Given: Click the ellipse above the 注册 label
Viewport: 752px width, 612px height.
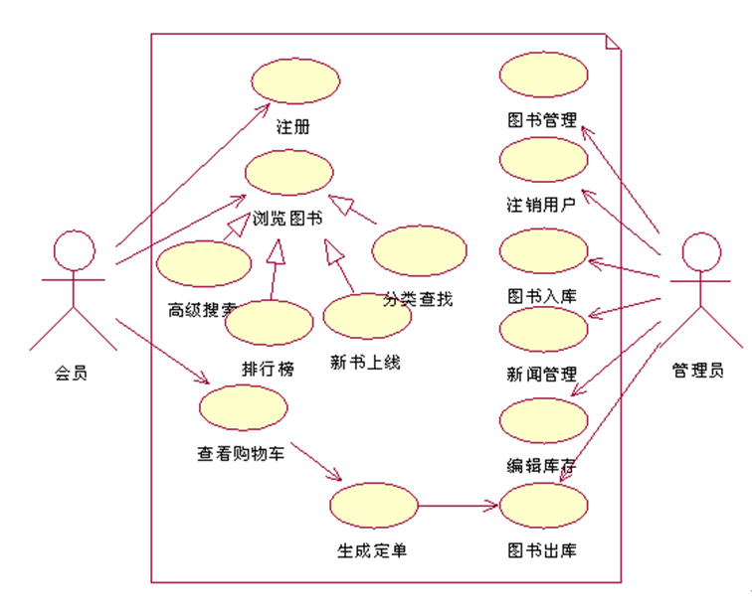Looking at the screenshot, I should click(x=295, y=81).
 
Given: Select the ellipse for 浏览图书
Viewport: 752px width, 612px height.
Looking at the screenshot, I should click(x=288, y=173).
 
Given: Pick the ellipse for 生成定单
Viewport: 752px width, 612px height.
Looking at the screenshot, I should click(x=374, y=506).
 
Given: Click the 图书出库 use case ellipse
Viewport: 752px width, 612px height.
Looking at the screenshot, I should click(x=543, y=506).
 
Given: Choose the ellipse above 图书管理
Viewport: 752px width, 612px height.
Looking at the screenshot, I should click(x=543, y=76).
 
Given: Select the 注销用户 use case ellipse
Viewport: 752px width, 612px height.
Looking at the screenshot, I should click(x=543, y=161).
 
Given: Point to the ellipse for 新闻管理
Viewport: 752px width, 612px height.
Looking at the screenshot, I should click(x=543, y=332).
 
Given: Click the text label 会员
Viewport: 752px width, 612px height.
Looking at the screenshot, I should click(x=71, y=375).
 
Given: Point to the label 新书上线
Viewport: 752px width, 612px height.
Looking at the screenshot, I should click(x=365, y=363).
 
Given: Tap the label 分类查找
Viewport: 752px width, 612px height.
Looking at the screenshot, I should click(x=418, y=298).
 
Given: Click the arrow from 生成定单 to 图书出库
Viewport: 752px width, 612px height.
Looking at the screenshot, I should click(x=458, y=506).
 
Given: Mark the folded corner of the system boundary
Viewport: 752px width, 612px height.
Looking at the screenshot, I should click(x=613, y=43).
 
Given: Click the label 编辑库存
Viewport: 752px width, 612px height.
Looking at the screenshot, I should click(x=542, y=465).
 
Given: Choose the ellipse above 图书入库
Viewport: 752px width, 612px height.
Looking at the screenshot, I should click(x=543, y=250).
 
